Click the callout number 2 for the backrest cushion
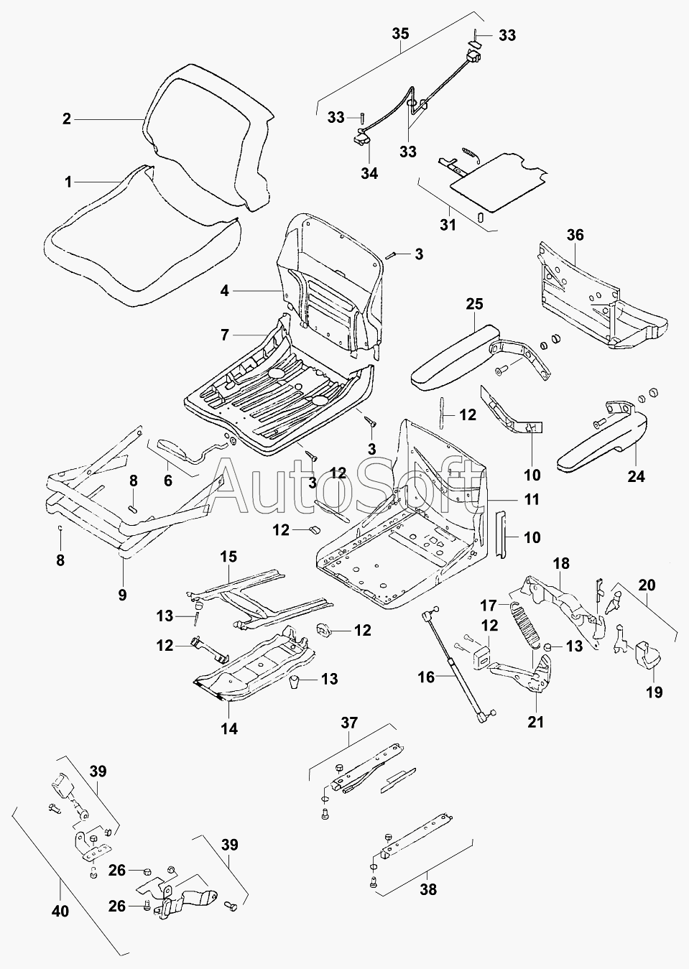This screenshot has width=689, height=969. pos(66,119)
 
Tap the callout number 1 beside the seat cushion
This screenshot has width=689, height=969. pos(68,182)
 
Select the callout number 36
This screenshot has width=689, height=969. pos(575,235)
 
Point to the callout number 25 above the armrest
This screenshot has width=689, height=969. pos(474,304)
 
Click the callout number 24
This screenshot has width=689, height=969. pos(637,476)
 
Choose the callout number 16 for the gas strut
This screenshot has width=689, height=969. pos(426,677)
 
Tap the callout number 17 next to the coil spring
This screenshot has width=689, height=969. pos(489,606)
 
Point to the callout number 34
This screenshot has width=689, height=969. pos(369,173)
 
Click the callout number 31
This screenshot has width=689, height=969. pos(448,225)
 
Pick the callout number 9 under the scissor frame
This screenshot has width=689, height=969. pos(122,595)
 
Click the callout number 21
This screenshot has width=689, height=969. pos(536,722)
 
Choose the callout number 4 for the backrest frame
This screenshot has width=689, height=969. pos(224,291)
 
